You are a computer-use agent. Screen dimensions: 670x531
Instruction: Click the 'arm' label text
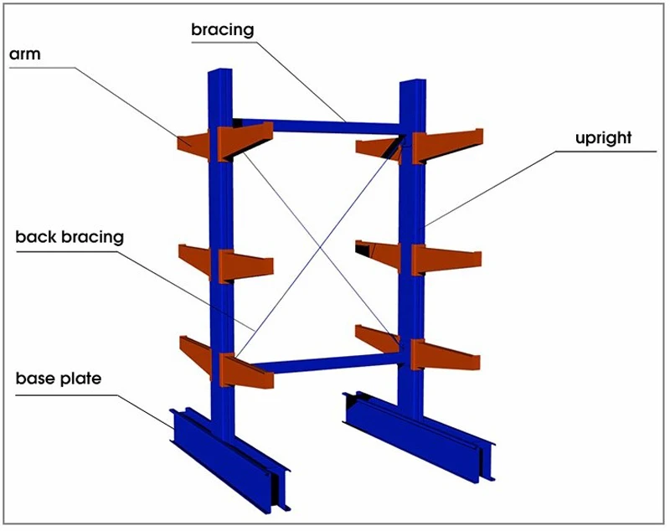(x=25, y=54)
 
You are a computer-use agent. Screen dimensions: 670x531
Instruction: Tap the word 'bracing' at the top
(x=223, y=30)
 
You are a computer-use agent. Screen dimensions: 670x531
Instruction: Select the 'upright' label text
(x=603, y=138)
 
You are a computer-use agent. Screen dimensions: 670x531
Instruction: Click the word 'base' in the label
(x=36, y=379)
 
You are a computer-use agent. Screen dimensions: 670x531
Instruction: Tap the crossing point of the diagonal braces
(x=320, y=247)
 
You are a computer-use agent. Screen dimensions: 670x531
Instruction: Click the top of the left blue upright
(x=220, y=70)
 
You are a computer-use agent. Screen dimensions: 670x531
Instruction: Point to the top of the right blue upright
(x=412, y=80)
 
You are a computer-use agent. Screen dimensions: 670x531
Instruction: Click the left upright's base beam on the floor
(x=231, y=459)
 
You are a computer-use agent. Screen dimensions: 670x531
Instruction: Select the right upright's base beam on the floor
(x=419, y=436)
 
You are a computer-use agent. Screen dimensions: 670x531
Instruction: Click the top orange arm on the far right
(x=448, y=146)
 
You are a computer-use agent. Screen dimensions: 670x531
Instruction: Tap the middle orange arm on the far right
(x=446, y=260)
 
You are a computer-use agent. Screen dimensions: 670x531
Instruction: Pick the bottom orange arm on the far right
(x=445, y=355)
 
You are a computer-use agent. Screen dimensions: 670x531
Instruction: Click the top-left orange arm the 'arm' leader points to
(x=193, y=145)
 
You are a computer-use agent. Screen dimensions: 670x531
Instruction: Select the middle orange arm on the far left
(x=195, y=260)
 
